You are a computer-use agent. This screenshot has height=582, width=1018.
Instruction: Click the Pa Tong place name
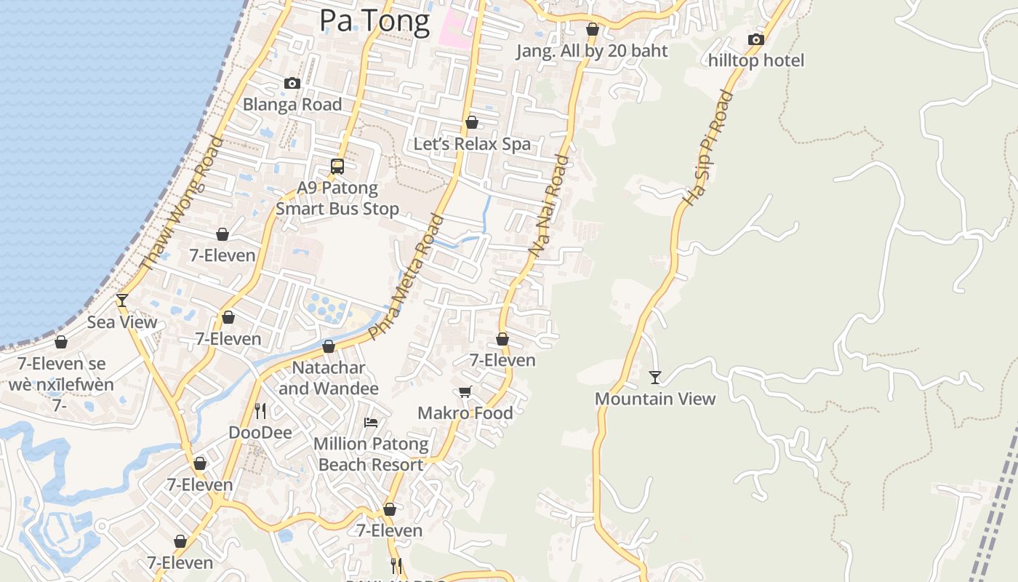coord(374,20)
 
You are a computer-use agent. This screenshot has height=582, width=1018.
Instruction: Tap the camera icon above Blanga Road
coord(292,84)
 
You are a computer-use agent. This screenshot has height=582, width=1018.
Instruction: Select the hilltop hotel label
coord(756,60)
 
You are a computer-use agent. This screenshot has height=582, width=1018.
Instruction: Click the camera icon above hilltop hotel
coord(756,40)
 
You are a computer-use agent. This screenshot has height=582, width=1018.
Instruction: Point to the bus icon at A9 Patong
coord(337,166)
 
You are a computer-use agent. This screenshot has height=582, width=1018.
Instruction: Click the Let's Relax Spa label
coord(472,144)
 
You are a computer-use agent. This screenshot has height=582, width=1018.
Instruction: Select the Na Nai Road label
coord(549,205)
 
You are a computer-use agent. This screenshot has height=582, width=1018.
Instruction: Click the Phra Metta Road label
coord(406,276)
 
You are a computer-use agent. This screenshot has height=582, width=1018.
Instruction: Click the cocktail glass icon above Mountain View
coord(655,377)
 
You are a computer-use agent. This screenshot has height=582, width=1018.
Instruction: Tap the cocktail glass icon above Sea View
coord(122,300)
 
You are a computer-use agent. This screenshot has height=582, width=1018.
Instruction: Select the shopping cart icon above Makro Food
coord(465,392)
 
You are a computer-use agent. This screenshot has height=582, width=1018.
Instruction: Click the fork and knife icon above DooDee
coord(260,411)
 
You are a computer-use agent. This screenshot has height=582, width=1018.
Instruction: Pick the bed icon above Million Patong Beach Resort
coord(371,422)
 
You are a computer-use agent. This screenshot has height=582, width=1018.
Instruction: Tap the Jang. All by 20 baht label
coord(591,51)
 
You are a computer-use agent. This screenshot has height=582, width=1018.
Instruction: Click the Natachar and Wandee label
coord(329,378)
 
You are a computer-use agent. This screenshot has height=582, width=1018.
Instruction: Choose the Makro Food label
coord(465,413)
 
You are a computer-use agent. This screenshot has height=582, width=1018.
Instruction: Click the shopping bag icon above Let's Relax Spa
coord(472,122)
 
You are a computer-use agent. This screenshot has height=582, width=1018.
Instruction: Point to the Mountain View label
coord(655,399)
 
